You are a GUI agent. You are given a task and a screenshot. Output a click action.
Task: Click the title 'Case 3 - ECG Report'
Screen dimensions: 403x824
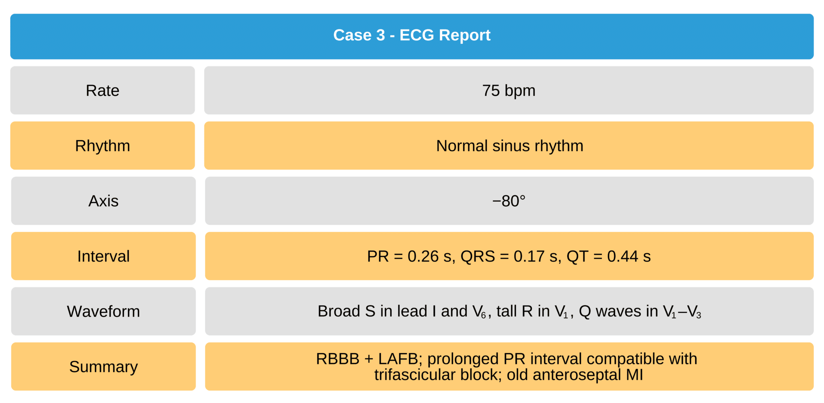(x=412, y=35)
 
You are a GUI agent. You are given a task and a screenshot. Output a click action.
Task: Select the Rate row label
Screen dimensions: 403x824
(x=103, y=91)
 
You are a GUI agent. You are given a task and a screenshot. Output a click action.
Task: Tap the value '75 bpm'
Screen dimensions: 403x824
(x=509, y=91)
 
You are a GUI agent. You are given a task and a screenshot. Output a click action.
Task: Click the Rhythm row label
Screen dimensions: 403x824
(x=103, y=146)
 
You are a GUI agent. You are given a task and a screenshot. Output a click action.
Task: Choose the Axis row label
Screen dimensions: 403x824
(x=103, y=201)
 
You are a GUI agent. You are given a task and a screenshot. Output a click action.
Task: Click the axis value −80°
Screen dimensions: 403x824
(x=509, y=201)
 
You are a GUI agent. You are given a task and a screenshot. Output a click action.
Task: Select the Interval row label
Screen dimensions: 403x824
(x=103, y=256)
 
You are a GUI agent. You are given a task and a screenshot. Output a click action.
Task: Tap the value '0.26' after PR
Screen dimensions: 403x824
(x=423, y=256)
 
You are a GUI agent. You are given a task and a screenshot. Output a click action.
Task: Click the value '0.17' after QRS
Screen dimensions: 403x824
(x=529, y=256)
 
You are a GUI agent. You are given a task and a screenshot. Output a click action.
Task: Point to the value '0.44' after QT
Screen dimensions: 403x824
(x=622, y=256)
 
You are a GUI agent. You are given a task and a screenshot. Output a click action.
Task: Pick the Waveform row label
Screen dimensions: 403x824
(x=103, y=311)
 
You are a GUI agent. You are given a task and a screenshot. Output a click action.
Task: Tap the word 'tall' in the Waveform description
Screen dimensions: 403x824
(x=507, y=311)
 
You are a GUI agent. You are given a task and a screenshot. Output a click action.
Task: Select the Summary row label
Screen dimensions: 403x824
(x=103, y=367)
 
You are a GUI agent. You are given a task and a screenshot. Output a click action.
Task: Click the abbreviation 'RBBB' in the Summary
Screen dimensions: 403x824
(x=337, y=359)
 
